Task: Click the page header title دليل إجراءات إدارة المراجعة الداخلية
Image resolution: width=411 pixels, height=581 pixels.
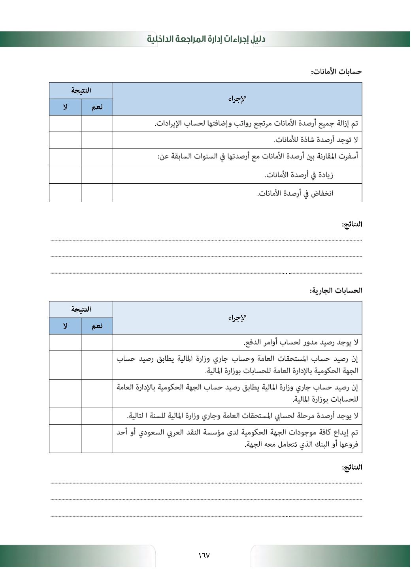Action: [206, 39]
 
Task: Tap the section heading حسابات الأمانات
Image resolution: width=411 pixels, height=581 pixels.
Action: [336, 72]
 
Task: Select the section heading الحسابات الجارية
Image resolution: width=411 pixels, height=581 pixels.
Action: [336, 291]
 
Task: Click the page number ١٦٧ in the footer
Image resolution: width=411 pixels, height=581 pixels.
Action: [204, 555]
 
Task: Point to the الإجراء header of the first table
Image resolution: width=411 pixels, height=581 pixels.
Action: [237, 99]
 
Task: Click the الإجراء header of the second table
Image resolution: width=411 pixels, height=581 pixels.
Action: [237, 318]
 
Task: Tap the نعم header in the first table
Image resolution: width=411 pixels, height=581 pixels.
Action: [97, 107]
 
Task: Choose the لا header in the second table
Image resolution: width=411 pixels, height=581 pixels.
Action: [65, 326]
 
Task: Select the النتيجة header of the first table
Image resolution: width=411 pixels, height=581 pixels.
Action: [81, 90]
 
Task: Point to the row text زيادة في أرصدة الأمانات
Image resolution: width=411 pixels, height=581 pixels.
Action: [299, 175]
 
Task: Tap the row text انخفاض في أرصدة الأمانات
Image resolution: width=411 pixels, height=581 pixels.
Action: [295, 193]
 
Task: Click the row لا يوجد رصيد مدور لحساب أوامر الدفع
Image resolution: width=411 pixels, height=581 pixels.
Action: [301, 342]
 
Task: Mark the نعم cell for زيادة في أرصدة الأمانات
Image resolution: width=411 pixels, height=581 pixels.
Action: [97, 174]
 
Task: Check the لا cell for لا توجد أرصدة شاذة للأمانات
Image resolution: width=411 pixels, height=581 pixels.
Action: [65, 140]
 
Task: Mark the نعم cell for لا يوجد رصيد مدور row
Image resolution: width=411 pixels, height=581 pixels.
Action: [97, 342]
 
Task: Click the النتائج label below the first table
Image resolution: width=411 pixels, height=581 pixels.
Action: [352, 224]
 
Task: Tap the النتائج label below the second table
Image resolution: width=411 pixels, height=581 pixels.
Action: [352, 467]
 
